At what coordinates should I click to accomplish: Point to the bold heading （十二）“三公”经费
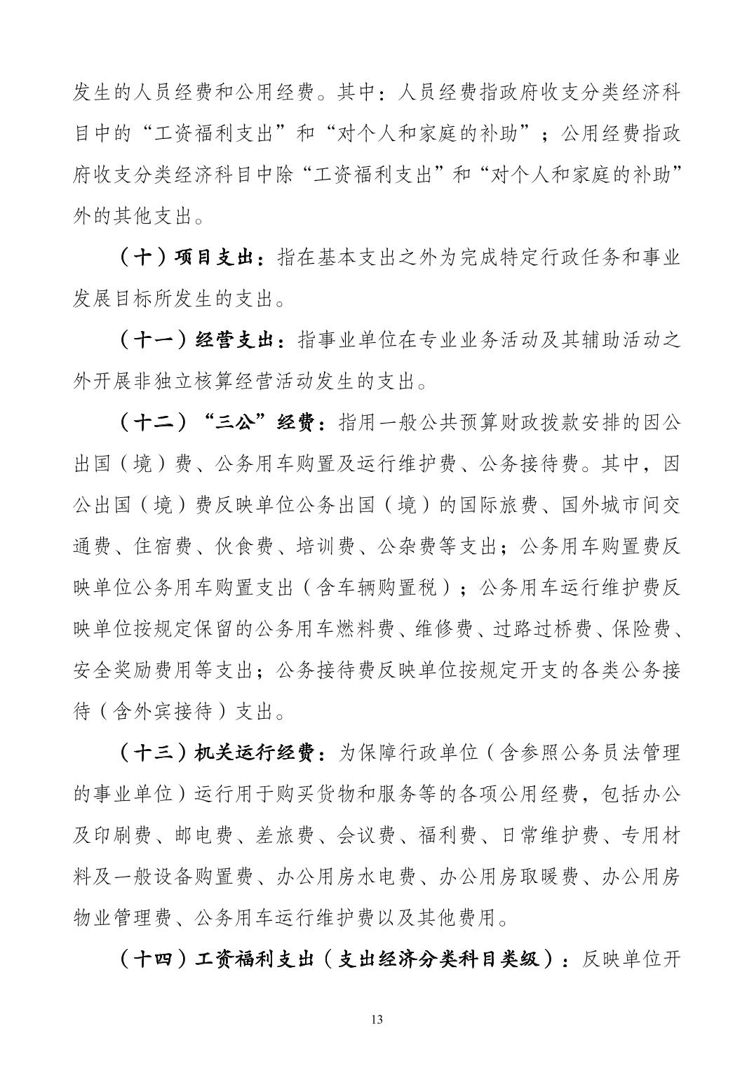click(218, 424)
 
